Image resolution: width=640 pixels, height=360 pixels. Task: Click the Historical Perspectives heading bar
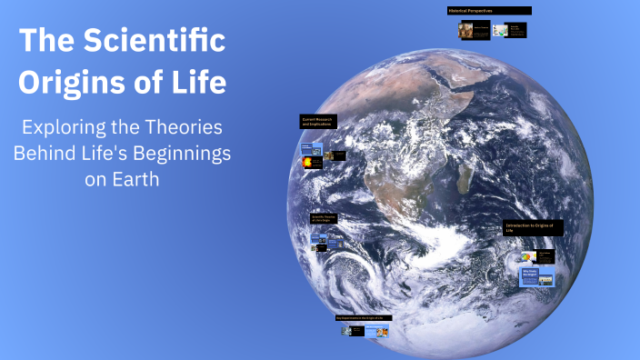tap(488, 11)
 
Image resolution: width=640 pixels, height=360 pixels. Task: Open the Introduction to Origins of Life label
tap(533, 227)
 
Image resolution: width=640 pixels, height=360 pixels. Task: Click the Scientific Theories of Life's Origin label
tap(325, 218)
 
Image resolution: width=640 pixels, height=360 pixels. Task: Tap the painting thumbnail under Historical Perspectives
tap(468, 30)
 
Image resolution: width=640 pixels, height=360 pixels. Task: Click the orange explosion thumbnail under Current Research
tap(314, 161)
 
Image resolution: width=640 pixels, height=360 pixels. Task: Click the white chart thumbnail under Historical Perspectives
tap(498, 30)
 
